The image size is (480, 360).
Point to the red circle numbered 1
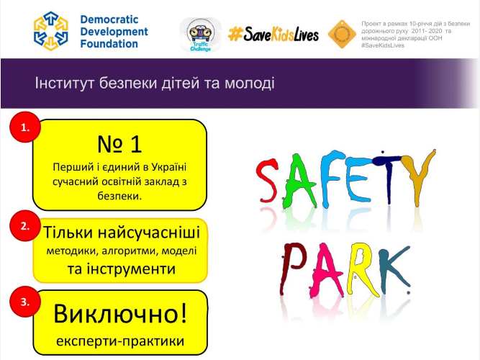pyautogui.click(x=25, y=128)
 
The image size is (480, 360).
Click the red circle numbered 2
pyautogui.click(x=25, y=225)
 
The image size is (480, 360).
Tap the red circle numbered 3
pyautogui.click(x=25, y=303)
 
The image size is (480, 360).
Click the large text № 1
pyautogui.click(x=119, y=143)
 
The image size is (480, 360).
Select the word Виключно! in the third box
pyautogui.click(x=119, y=314)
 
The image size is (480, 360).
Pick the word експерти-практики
pyautogui.click(x=119, y=340)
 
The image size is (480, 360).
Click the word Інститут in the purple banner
pyautogui.click(x=62, y=84)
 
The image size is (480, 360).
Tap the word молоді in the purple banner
pyautogui.click(x=250, y=84)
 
